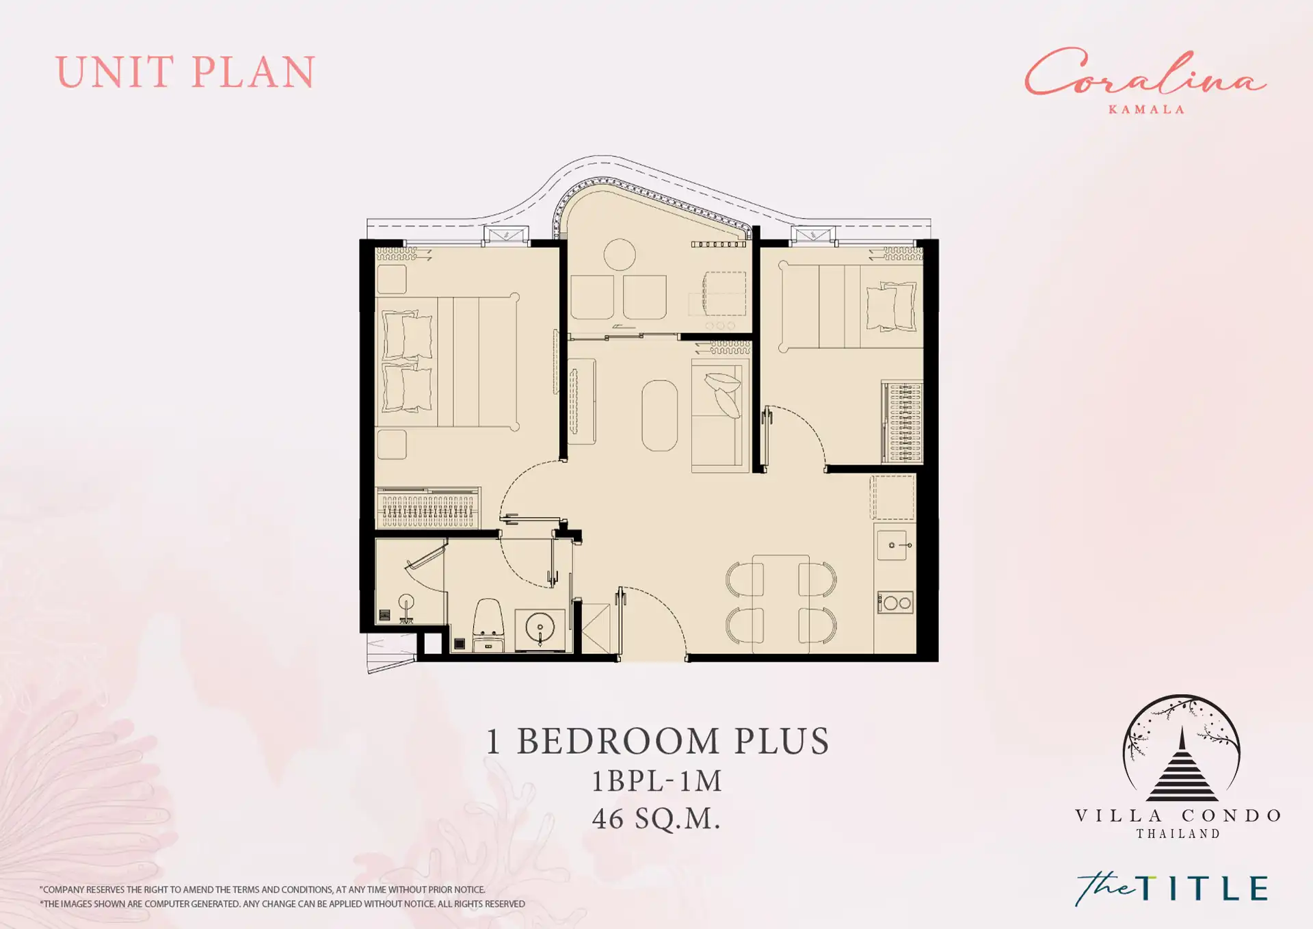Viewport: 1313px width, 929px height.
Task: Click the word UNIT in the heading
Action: coord(115,72)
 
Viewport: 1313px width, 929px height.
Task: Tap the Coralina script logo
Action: coord(1145,73)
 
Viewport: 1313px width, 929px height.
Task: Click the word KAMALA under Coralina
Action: coord(1146,109)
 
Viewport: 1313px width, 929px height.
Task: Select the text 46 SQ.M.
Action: coord(656,819)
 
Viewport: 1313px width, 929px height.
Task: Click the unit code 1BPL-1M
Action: coord(656,781)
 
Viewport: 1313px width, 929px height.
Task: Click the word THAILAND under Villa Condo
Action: coord(1178,834)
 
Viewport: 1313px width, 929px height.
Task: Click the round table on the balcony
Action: coord(620,254)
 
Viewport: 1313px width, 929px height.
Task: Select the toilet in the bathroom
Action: coord(488,624)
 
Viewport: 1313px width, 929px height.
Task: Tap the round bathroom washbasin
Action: coord(540,627)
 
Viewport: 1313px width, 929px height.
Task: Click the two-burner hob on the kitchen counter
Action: coord(895,603)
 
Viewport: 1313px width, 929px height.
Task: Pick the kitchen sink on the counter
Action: coord(896,545)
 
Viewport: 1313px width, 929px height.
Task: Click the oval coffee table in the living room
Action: coord(660,415)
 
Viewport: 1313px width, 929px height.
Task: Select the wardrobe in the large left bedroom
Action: coord(428,507)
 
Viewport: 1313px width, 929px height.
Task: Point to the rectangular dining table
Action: coord(781,603)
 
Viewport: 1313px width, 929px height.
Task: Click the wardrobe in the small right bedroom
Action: coord(902,421)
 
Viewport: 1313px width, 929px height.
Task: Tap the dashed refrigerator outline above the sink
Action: coord(892,497)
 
